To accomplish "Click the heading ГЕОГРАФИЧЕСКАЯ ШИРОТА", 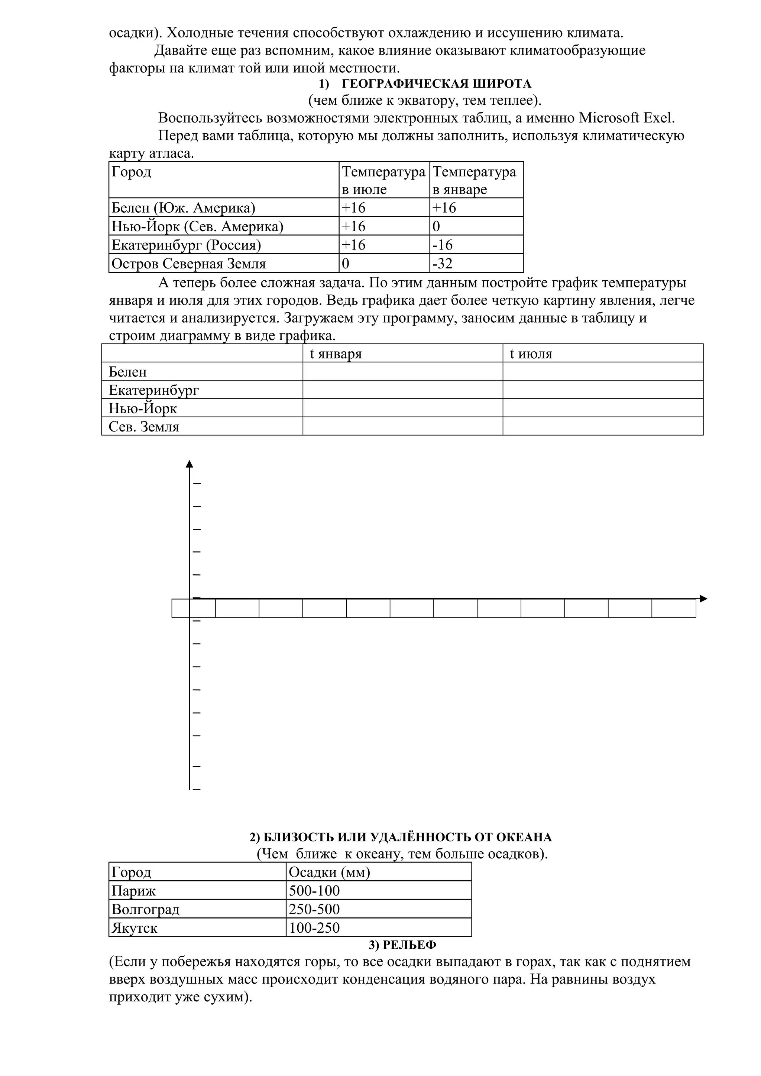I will click(x=437, y=84).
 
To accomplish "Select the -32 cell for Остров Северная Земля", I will click(x=476, y=263).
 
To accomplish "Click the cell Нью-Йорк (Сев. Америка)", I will click(x=224, y=226).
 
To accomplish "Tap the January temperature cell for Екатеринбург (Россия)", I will click(x=476, y=245).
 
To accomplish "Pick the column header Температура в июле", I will click(x=383, y=180).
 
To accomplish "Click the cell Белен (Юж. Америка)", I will click(x=224, y=208).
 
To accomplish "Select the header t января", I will click(x=402, y=353).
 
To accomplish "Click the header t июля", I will click(x=602, y=353).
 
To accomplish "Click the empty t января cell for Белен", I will click(x=402, y=372).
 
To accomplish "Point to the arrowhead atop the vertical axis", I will click(x=190, y=464).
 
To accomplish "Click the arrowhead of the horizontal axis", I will click(x=703, y=599).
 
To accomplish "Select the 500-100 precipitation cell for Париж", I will click(x=378, y=891).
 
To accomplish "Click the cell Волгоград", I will click(x=197, y=910).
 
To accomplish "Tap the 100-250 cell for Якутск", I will click(x=378, y=928).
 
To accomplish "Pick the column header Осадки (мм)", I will click(x=378, y=872).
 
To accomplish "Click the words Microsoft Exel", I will click(x=627, y=118).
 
